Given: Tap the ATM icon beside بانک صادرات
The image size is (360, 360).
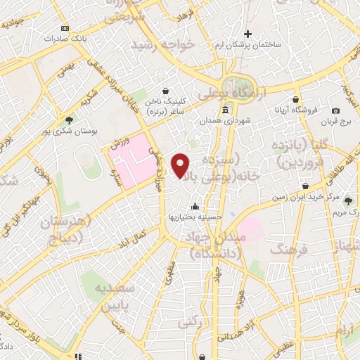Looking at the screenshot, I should [65, 28].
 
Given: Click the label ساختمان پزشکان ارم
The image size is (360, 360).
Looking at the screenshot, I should [249, 44].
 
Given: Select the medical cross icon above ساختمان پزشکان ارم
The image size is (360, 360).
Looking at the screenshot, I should [247, 33].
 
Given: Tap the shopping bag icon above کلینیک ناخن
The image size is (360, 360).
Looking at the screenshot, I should [165, 91].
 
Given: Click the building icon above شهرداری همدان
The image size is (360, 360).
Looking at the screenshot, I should [224, 110].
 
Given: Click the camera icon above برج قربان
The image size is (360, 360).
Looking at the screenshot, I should [335, 110].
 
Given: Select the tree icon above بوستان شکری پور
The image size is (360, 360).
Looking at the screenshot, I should [68, 120].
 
